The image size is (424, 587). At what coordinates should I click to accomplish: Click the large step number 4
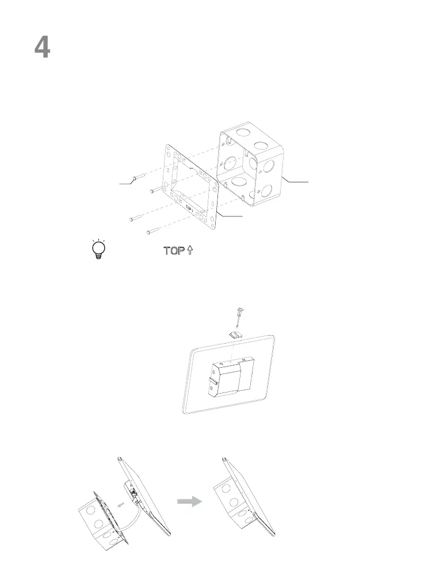(42, 48)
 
